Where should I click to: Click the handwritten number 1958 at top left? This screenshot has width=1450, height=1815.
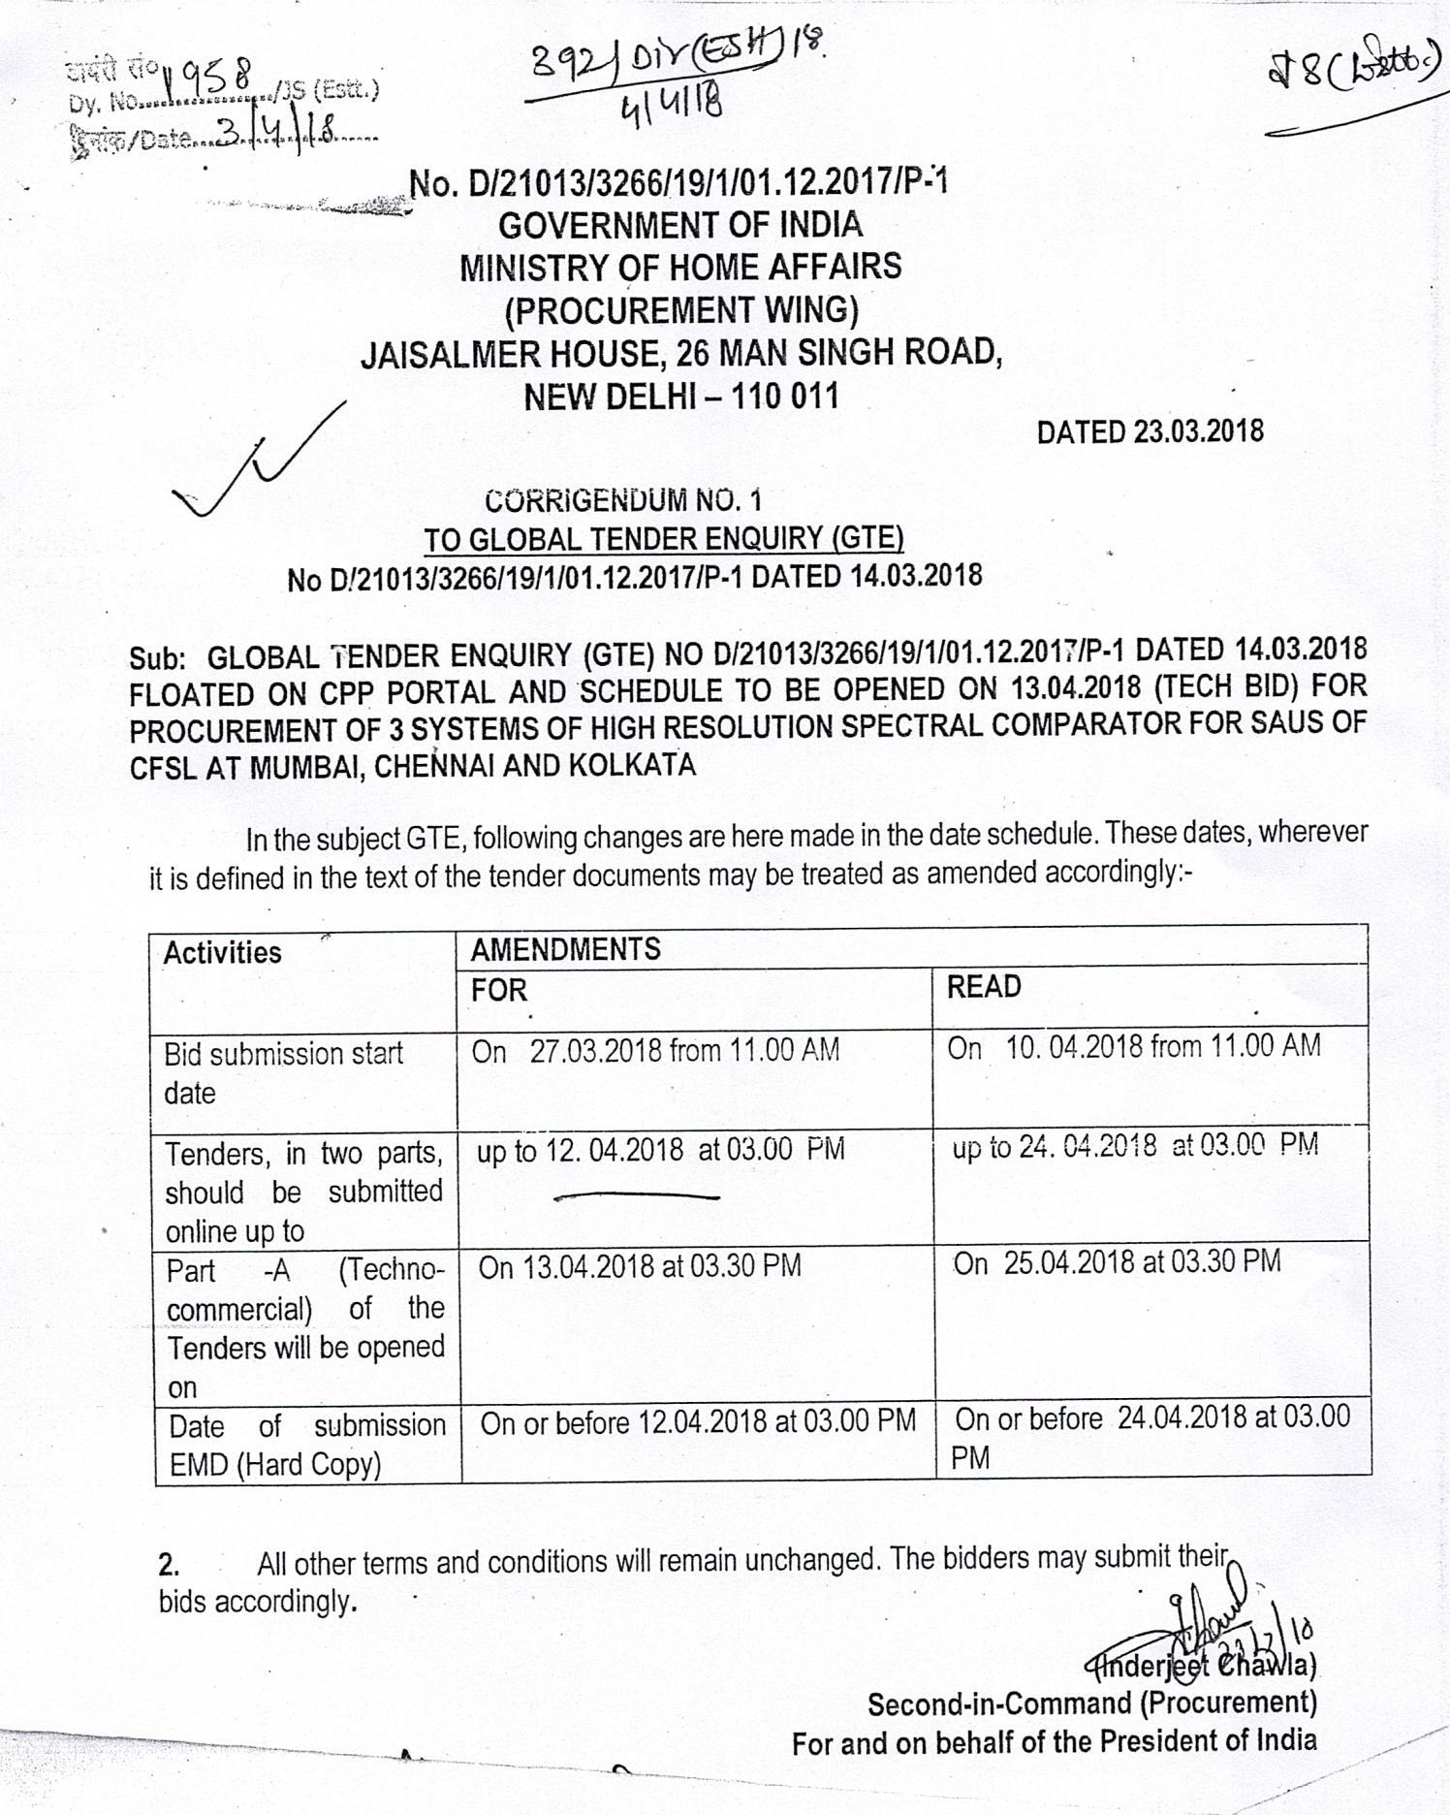pyautogui.click(x=208, y=73)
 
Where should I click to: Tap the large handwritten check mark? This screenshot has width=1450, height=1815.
pyautogui.click(x=257, y=462)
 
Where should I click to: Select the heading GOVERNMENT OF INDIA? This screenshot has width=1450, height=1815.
pyautogui.click(x=679, y=225)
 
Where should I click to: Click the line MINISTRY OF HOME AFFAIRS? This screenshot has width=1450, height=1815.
pyautogui.click(x=679, y=267)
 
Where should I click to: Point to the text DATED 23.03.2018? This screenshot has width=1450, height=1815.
pyautogui.click(x=1150, y=431)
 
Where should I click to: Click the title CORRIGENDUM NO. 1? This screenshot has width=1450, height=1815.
pyautogui.click(x=623, y=500)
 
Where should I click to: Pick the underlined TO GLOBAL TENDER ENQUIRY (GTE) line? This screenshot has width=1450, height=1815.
pyautogui.click(x=664, y=538)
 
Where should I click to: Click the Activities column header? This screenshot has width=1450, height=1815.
pyautogui.click(x=222, y=952)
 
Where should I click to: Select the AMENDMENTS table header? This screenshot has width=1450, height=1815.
pyautogui.click(x=565, y=948)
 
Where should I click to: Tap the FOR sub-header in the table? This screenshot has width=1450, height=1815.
pyautogui.click(x=499, y=990)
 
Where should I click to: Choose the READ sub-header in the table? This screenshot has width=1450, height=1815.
pyautogui.click(x=984, y=987)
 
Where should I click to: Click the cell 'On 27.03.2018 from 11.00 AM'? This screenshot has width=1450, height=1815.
pyautogui.click(x=655, y=1050)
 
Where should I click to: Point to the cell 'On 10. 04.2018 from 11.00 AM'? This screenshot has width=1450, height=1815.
pyautogui.click(x=1133, y=1046)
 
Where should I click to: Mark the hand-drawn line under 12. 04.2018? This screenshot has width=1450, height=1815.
pyautogui.click(x=636, y=1197)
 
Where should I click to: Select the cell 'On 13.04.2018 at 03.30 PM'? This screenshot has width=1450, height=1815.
pyautogui.click(x=640, y=1266)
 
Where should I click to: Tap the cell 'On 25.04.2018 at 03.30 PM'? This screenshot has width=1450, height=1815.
pyautogui.click(x=1118, y=1261)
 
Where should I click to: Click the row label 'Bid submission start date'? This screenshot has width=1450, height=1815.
pyautogui.click(x=283, y=1072)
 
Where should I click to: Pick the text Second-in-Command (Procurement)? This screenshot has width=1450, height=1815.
pyautogui.click(x=1091, y=1704)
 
